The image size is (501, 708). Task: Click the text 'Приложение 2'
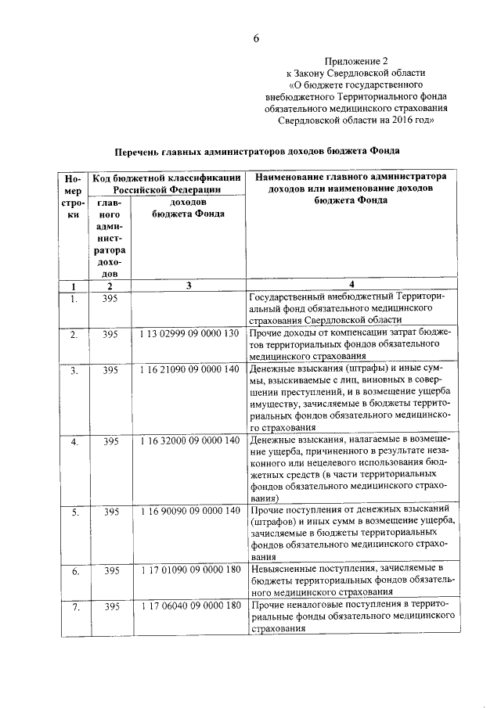click(356, 60)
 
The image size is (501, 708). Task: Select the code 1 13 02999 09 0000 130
click(188, 335)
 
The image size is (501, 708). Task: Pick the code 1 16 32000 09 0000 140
click(188, 441)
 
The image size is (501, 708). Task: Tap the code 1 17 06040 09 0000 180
click(188, 606)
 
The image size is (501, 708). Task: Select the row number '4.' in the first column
click(73, 441)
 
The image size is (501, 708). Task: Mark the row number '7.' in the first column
click(73, 606)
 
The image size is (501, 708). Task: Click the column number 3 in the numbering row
click(189, 286)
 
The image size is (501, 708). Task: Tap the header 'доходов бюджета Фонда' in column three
click(188, 207)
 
